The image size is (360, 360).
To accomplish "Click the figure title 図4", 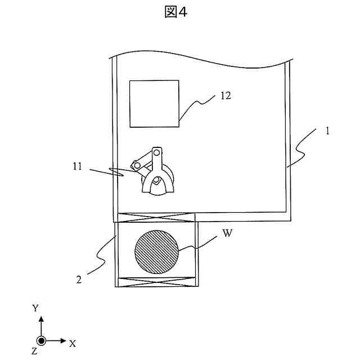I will click(x=175, y=12).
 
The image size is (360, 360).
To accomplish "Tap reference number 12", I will click(x=226, y=96).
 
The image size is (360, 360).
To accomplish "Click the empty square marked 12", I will click(x=154, y=103).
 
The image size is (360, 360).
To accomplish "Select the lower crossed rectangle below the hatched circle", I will click(x=156, y=283).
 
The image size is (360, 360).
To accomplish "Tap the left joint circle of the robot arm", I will click(x=135, y=165).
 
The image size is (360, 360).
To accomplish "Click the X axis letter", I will click(x=73, y=343).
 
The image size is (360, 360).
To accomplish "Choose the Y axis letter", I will click(x=35, y=308).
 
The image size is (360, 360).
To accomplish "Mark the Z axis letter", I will click(x=34, y=352).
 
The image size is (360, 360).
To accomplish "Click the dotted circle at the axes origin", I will click(x=40, y=341).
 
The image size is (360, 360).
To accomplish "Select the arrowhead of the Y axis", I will click(x=40, y=319).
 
